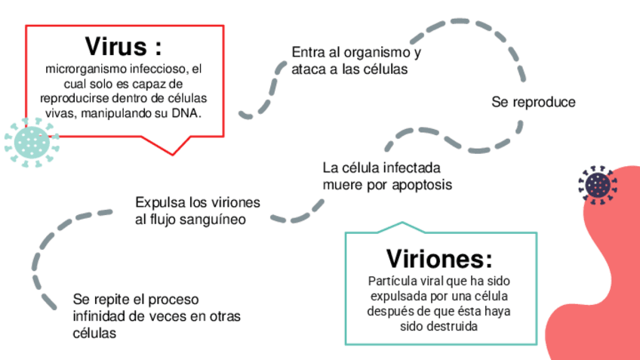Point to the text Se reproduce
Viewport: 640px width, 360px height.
533,101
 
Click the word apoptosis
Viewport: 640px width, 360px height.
419,184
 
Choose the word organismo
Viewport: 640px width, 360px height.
376,53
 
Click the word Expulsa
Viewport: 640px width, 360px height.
156,203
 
